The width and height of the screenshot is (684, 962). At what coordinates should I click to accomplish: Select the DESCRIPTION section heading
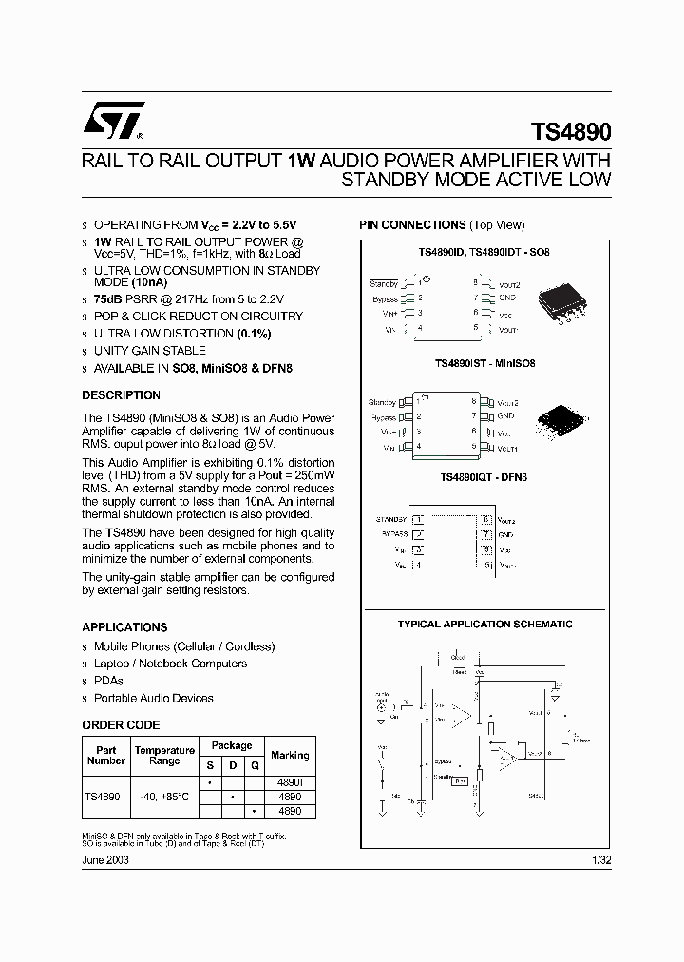[121, 395]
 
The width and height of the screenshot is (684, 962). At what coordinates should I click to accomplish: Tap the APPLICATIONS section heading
[124, 627]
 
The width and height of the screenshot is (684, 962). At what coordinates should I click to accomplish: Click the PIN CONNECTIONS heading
[441, 225]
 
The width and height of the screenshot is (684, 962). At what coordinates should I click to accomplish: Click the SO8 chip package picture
[562, 304]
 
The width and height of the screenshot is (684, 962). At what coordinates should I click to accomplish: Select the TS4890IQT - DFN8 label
[484, 478]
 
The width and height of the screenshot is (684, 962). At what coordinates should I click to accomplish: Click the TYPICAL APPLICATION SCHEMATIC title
[484, 625]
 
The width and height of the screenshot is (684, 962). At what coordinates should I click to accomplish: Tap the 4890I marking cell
[289, 781]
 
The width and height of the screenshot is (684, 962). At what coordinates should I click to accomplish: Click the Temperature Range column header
[164, 756]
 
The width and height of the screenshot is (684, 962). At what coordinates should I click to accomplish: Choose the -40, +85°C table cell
[164, 797]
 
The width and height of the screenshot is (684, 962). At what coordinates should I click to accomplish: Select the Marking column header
[289, 756]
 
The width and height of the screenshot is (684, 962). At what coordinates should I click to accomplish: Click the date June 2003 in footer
[105, 860]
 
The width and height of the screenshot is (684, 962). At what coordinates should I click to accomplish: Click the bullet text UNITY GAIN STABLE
[149, 351]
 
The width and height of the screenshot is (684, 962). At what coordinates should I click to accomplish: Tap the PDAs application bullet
[108, 682]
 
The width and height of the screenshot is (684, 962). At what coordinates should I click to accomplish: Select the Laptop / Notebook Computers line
[170, 664]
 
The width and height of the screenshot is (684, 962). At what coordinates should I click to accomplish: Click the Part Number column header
[105, 756]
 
